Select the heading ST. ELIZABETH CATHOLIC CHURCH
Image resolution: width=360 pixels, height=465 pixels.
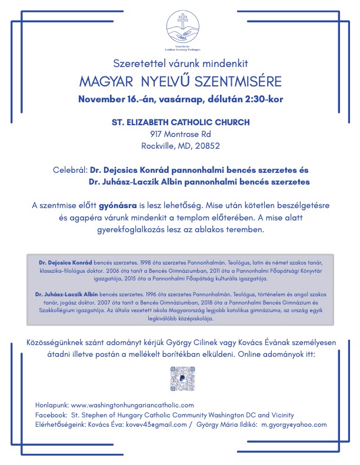click(181, 122)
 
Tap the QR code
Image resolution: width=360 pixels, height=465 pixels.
click(182, 379)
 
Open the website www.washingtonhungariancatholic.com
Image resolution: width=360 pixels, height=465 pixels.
click(132, 406)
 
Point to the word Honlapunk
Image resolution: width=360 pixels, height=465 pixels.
click(52, 406)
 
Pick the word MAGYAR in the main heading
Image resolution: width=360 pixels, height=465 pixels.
click(104, 80)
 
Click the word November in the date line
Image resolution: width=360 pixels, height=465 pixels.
click(101, 99)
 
